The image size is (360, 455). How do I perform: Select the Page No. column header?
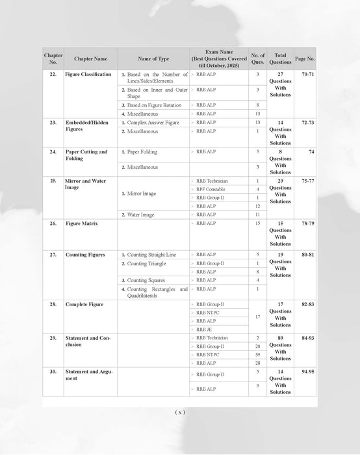[305, 58]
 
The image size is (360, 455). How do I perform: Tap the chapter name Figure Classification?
[88, 75]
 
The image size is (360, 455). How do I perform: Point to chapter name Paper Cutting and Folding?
[86, 155]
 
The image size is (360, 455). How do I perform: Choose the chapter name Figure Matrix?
[82, 223]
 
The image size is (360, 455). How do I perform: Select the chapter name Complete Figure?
[84, 304]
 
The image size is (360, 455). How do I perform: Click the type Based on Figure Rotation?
[153, 105]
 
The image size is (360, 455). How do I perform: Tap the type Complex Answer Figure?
[152, 122]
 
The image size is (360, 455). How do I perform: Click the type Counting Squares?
[148, 280]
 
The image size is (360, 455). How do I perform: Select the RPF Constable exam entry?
[211, 188]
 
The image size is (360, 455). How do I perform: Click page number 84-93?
[305, 338]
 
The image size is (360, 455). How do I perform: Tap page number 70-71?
[305, 75]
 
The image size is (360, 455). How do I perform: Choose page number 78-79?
[305, 223]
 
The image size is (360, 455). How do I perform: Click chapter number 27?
[53, 255]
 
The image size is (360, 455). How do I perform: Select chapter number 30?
[53, 371]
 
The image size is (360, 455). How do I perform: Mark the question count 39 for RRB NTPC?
[257, 355]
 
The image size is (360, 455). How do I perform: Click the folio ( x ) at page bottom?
[180, 412]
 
